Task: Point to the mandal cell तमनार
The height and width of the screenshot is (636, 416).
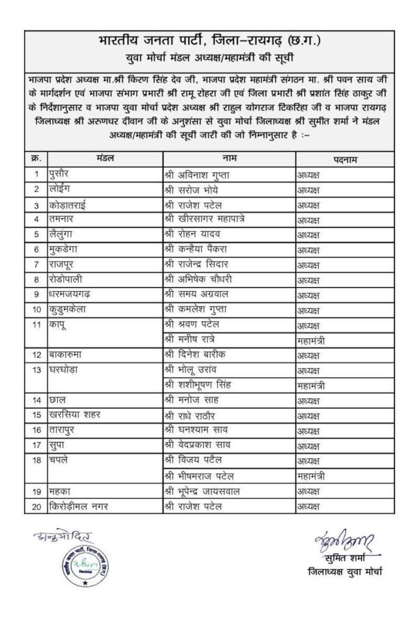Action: coord(65,219)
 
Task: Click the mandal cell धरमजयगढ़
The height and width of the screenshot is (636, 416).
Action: coord(73,294)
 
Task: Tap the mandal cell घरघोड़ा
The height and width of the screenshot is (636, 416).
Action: coord(67,370)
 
